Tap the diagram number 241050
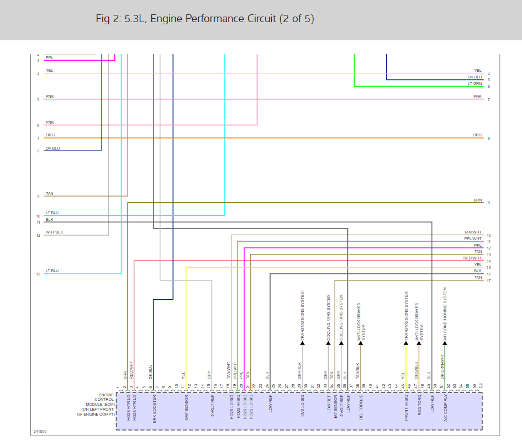pyautogui.click(x=39, y=431)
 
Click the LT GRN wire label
pyautogui.click(x=474, y=84)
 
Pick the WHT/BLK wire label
pyautogui.click(x=54, y=232)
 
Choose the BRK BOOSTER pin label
pyautogui.click(x=154, y=408)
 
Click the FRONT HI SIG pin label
pyautogui.click(x=407, y=408)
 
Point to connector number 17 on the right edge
pyautogui.click(x=489, y=282)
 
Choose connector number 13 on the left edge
pyautogui.click(x=38, y=274)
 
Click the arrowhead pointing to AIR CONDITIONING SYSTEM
pyautogui.click(x=445, y=343)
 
